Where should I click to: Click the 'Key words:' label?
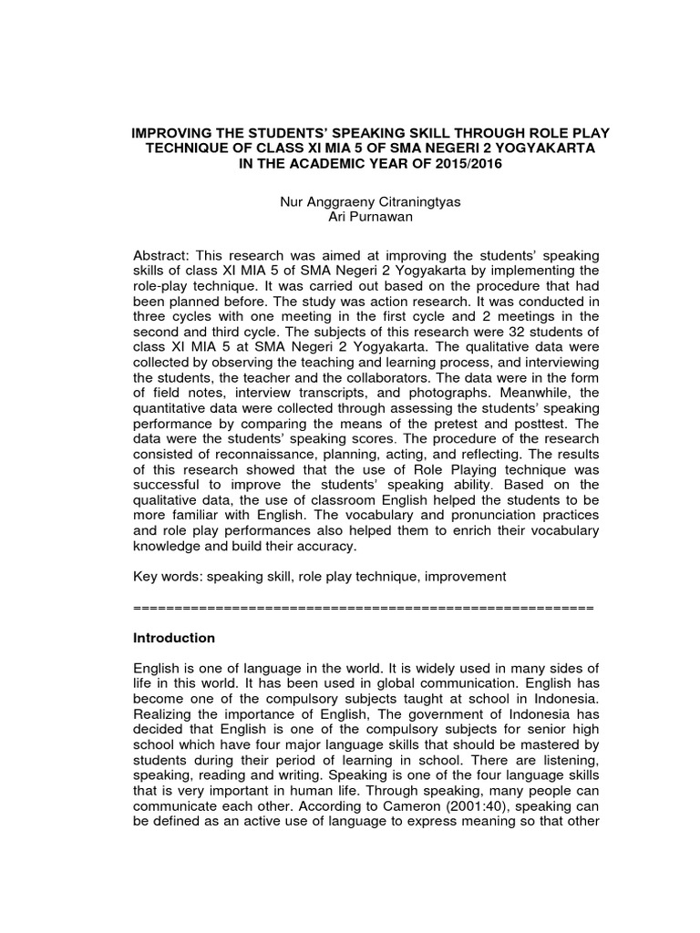[167, 577]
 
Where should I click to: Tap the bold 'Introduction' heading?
[174, 637]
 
